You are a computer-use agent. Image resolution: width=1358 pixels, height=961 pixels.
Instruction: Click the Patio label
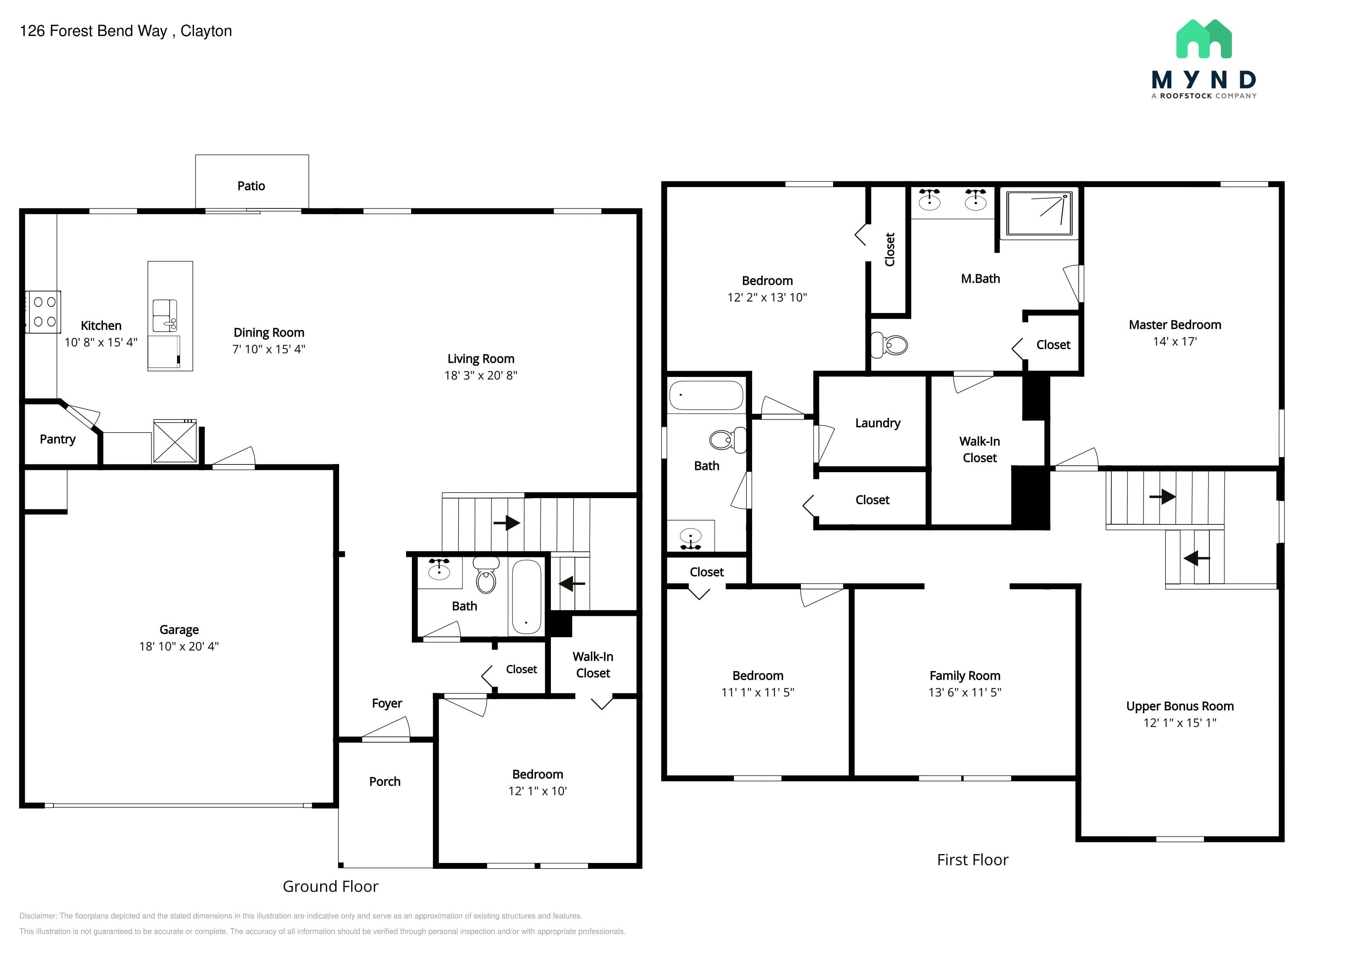(251, 186)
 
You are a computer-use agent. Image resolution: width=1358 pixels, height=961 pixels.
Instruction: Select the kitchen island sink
(165, 315)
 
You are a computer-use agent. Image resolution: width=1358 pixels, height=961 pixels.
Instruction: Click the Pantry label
(57, 439)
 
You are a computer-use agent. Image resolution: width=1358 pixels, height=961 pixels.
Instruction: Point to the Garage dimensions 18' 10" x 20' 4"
(178, 646)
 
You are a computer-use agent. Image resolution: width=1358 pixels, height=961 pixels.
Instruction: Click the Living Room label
(481, 359)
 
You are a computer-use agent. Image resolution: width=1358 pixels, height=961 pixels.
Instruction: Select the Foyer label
(387, 703)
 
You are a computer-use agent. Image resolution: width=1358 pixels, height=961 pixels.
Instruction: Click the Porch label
(384, 782)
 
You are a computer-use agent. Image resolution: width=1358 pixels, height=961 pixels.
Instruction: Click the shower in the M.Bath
(1039, 213)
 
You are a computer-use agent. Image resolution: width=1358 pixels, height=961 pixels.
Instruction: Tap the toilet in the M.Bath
(890, 344)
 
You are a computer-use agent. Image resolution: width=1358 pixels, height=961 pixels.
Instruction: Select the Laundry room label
(878, 423)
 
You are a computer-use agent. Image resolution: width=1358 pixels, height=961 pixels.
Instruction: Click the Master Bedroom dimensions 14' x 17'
(1175, 341)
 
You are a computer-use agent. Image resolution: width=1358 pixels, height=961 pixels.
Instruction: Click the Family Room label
(965, 676)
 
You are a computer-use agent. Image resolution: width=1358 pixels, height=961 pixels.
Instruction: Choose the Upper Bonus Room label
(1180, 706)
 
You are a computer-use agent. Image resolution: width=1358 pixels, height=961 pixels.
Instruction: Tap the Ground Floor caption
(330, 887)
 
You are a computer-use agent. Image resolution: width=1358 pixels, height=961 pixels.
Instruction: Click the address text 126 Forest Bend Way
(93, 31)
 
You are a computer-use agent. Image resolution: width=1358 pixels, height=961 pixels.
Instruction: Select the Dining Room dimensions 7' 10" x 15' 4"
(269, 349)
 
